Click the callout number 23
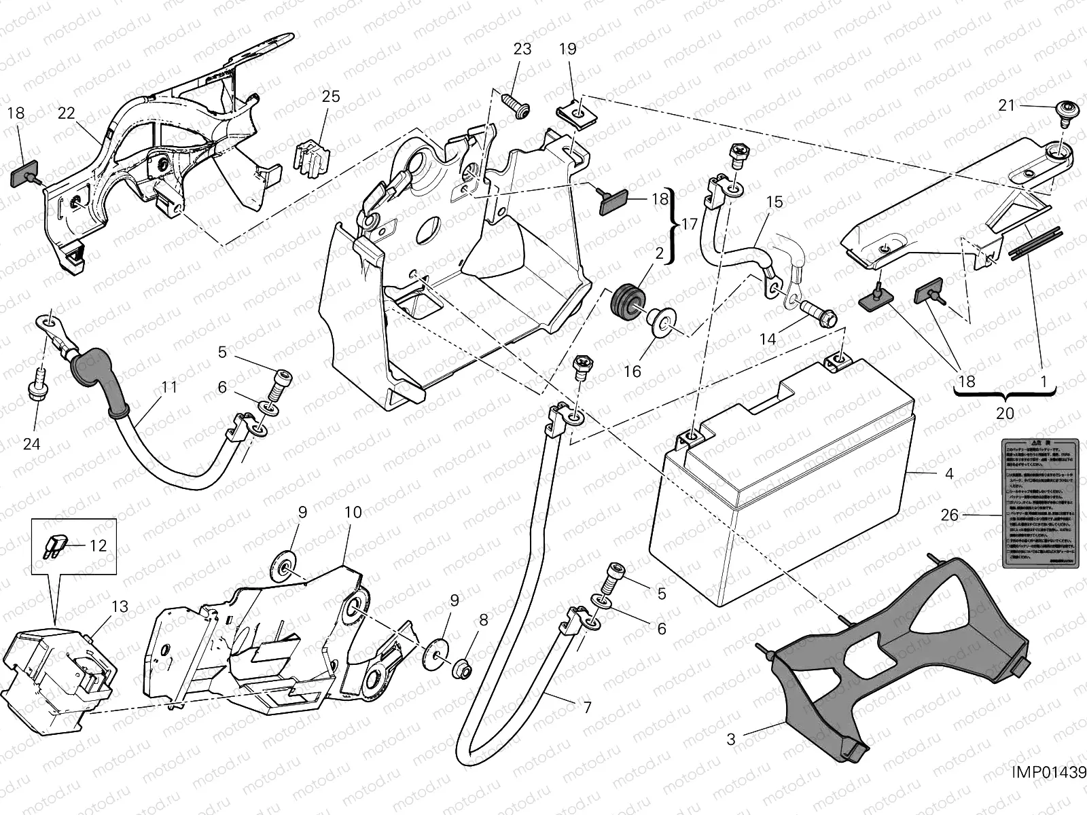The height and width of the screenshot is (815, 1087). [522, 49]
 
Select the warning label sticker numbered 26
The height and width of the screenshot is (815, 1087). [1039, 501]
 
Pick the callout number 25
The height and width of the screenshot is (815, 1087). [331, 96]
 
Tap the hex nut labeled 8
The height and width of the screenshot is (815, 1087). [464, 667]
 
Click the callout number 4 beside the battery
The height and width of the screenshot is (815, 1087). [949, 473]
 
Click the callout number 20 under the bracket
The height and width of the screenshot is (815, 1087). [1005, 413]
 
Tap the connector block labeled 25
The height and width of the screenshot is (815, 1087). [311, 162]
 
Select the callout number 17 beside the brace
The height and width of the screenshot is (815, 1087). [690, 224]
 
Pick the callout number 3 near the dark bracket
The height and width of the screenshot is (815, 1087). [731, 738]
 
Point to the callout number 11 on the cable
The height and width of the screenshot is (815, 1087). [169, 387]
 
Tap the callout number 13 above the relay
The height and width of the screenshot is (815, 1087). [120, 606]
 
